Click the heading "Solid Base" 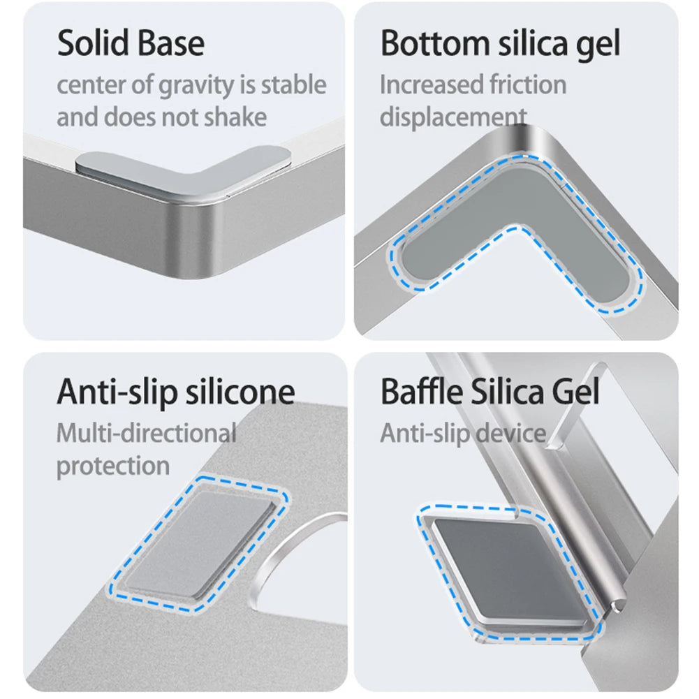click(x=131, y=43)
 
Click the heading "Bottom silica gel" click(x=500, y=45)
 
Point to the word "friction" click(x=528, y=84)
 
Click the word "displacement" click(x=453, y=118)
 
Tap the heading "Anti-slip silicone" click(x=176, y=392)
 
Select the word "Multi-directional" click(x=147, y=434)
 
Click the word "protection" click(x=113, y=466)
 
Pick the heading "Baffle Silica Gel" click(x=490, y=392)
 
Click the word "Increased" click(x=432, y=84)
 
